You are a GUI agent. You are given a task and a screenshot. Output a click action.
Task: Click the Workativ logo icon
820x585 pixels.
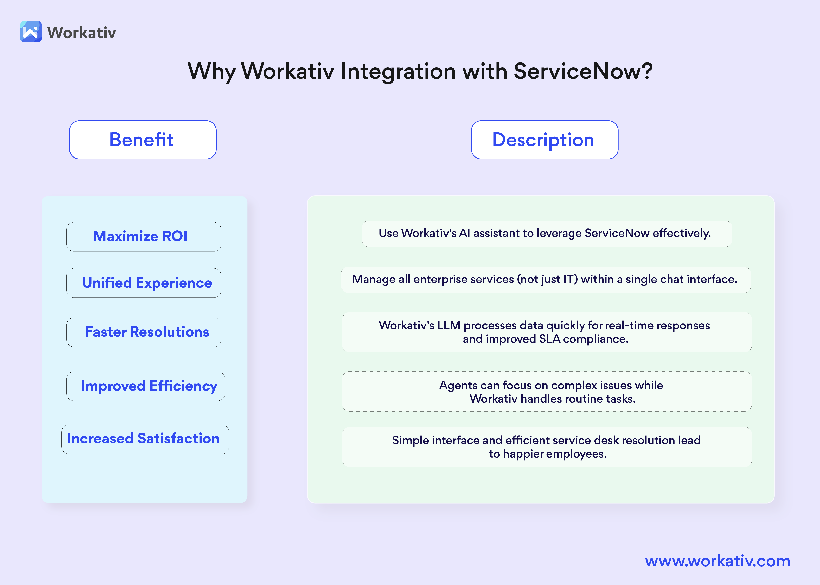click(x=31, y=32)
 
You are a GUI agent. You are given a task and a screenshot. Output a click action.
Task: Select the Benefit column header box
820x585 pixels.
click(x=143, y=140)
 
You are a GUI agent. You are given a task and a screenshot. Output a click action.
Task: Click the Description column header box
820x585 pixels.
click(x=544, y=140)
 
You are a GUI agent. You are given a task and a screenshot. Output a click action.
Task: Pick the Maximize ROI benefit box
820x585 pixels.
click(x=144, y=237)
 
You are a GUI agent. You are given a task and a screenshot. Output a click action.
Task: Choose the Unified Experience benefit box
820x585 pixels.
click(x=144, y=283)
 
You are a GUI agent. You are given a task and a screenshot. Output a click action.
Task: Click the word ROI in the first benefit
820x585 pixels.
click(x=175, y=236)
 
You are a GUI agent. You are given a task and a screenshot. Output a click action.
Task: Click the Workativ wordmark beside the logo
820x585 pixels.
click(x=82, y=33)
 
